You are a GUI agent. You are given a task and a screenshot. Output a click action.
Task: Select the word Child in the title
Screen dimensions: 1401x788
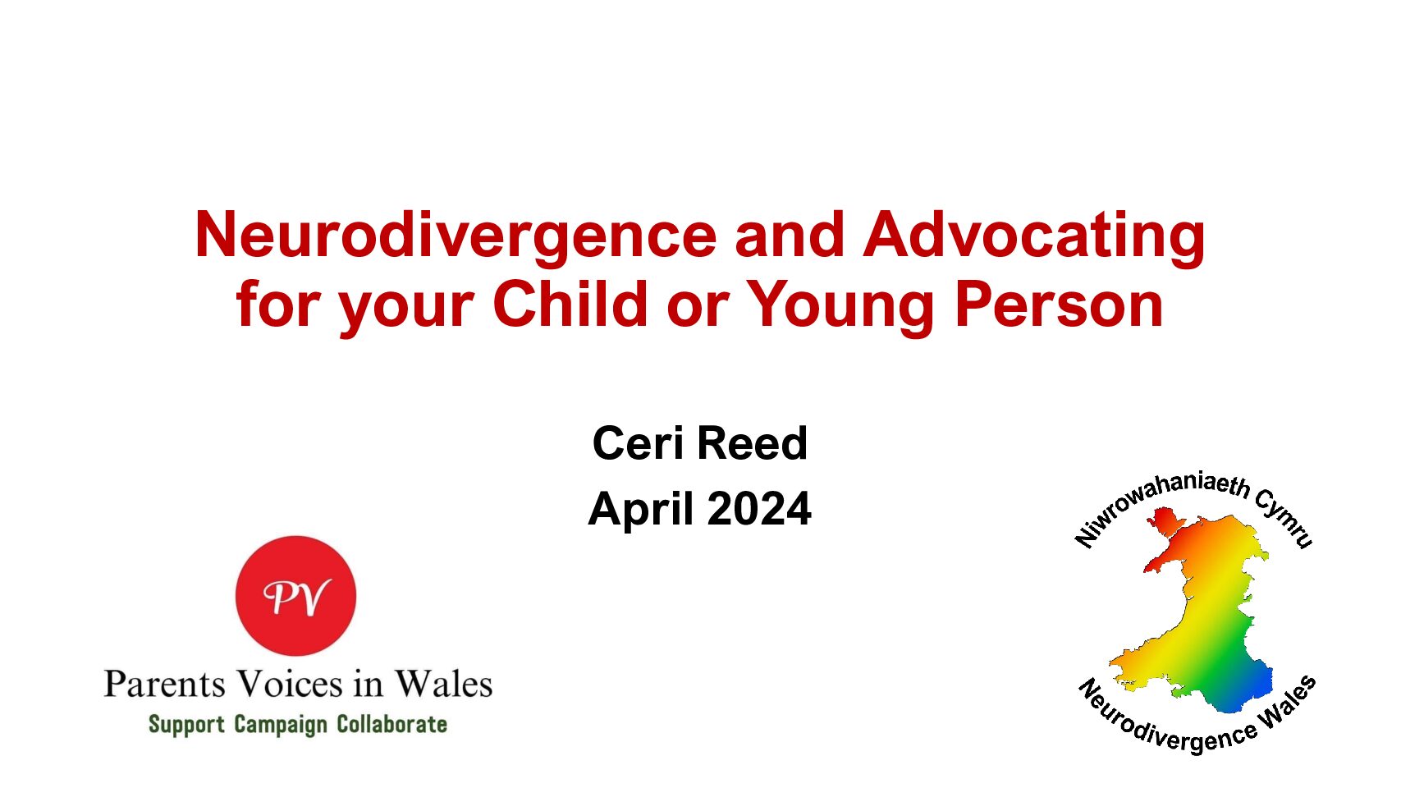point(570,304)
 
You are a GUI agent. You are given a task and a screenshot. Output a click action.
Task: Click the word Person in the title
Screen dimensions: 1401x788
point(1059,305)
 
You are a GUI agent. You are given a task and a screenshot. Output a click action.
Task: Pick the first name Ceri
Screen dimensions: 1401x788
point(639,442)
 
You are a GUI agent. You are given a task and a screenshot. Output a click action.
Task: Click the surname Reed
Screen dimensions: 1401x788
point(752,442)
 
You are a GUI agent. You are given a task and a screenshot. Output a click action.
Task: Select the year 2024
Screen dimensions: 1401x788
point(759,508)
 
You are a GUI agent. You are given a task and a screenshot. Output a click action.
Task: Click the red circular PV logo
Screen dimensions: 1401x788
point(295,595)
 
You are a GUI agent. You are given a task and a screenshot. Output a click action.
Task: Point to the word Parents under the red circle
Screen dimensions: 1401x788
point(164,684)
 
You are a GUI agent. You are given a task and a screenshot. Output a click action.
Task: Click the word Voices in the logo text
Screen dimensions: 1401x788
point(291,684)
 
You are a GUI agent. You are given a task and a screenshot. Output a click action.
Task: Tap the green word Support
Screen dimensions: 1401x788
point(186,725)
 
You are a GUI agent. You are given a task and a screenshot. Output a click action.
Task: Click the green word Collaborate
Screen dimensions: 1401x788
point(392,724)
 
